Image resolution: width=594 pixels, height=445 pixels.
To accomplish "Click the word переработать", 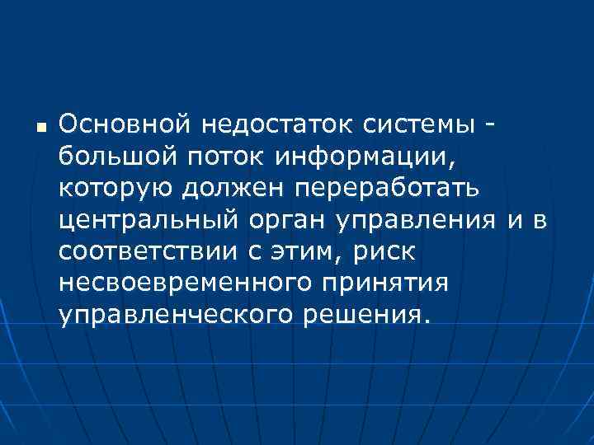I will (382, 189).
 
